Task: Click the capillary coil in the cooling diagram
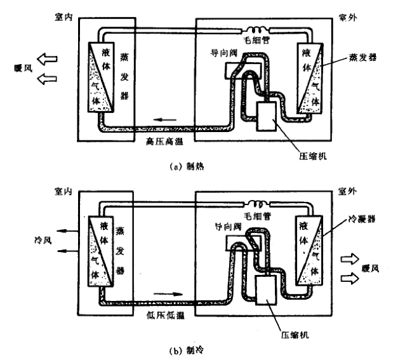(x=257, y=206)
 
